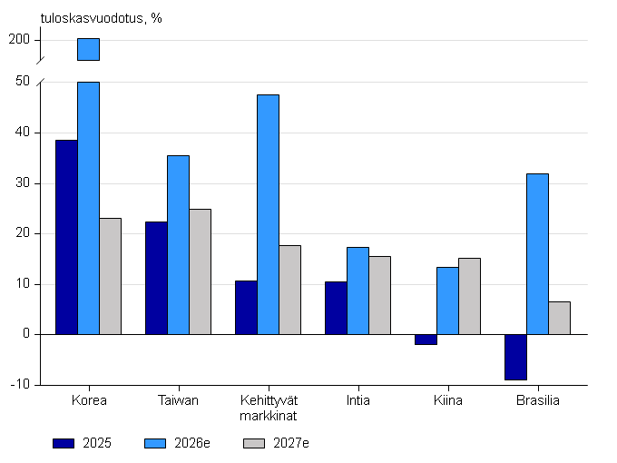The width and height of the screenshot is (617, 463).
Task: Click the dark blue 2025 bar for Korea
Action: pos(66,237)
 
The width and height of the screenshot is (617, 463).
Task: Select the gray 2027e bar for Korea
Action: pos(110,276)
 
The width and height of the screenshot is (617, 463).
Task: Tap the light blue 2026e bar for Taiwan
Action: pos(178,245)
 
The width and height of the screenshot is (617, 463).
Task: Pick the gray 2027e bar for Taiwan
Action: pos(200,271)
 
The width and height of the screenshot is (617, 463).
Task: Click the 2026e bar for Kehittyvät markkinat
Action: pos(268,214)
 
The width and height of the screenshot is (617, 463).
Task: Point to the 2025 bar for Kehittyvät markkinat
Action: pos(246,308)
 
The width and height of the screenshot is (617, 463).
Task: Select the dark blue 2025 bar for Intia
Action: pos(336,308)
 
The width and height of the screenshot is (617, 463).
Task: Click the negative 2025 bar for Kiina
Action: pos(426,340)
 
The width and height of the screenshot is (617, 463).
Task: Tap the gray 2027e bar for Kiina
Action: pos(469,296)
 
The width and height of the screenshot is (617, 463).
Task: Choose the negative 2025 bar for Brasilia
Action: pos(516,357)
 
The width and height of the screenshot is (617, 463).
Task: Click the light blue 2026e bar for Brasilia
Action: pos(537,254)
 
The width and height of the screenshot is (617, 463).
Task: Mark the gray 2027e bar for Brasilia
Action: pos(559,318)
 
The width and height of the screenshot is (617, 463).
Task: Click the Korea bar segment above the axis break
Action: pos(89,49)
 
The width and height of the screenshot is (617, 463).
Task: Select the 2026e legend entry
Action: pos(177,443)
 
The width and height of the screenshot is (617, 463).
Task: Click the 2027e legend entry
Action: pos(276,443)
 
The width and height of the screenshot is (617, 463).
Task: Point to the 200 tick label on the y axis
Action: pos(19,39)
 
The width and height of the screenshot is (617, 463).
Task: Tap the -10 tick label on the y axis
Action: pos(21,384)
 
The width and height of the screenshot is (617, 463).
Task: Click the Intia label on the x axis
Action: pos(358,400)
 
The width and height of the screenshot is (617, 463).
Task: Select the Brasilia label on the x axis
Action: pos(537,400)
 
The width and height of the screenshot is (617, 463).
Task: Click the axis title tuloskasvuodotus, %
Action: pos(101,18)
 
